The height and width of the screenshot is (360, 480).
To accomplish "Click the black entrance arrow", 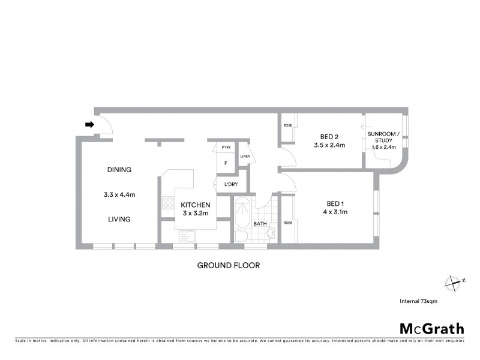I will [89, 125].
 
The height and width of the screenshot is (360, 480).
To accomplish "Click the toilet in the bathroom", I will [241, 234].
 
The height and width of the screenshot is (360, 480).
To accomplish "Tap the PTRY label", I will [226, 147].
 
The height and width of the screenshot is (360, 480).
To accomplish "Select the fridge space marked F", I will [226, 163].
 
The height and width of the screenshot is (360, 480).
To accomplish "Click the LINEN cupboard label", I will [245, 157].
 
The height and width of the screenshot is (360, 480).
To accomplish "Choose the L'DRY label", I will [230, 184].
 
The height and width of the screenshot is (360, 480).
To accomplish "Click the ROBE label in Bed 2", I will [287, 125].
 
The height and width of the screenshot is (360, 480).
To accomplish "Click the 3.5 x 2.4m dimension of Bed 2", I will [329, 145].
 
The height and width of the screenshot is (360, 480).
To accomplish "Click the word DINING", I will [119, 170].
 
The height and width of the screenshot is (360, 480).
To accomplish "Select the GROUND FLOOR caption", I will [229, 265].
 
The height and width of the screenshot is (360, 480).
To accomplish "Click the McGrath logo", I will [431, 328].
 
